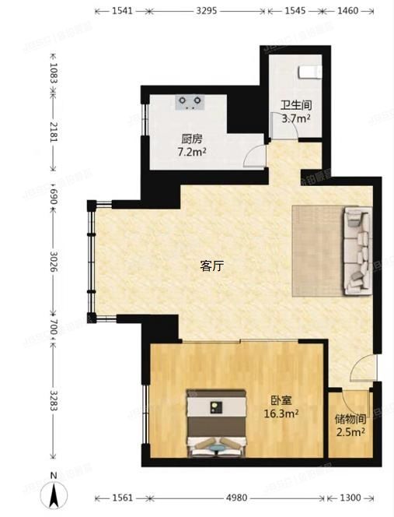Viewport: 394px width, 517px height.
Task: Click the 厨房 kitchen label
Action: [x=191, y=139]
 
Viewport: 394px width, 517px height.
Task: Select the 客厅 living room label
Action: [x=212, y=266]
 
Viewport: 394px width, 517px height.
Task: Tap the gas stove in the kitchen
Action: [x=190, y=100]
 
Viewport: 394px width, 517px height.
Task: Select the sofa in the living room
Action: [x=357, y=250]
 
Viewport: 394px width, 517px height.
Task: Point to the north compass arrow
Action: [x=52, y=492]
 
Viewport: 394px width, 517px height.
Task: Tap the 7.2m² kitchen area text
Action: [x=192, y=152]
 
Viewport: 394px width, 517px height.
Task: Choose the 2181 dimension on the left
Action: [x=53, y=139]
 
